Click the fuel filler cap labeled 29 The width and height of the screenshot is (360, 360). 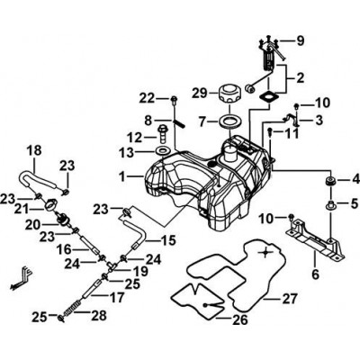pos(229,94)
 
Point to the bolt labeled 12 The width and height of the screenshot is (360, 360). pos(162,134)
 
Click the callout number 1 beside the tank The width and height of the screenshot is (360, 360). pos(122,177)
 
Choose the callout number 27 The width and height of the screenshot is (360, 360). pos(289,300)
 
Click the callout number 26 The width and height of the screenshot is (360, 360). pos(239,319)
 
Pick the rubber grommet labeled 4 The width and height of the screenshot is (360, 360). pos(331,181)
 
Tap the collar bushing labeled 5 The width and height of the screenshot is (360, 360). pos(330,205)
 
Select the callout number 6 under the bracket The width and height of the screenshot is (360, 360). pos(315,274)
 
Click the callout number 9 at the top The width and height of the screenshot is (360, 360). pos(300,40)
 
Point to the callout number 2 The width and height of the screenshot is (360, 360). pos(300,77)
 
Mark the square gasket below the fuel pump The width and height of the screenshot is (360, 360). pos(269,97)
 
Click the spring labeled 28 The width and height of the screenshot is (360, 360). pos(71,309)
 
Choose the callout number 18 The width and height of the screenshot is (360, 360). pos(34,151)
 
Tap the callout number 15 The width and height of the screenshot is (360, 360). pos(168,240)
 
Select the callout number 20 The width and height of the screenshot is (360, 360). pos(32,225)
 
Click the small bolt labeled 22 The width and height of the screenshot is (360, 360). pos(174,101)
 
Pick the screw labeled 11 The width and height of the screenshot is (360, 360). pos(270,131)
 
